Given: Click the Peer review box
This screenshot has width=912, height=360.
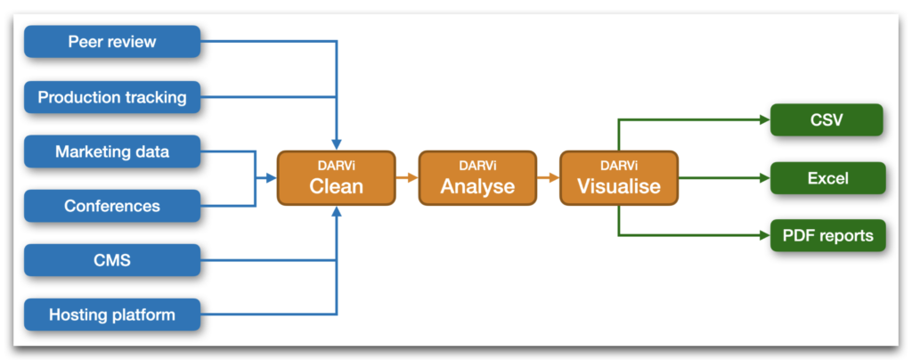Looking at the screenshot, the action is (112, 42).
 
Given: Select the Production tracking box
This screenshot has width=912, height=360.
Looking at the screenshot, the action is (112, 96).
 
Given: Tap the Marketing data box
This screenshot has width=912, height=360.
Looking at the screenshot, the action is (112, 151).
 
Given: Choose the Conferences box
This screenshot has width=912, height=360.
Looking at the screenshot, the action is (112, 205).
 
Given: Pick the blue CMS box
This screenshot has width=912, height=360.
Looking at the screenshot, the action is (112, 260).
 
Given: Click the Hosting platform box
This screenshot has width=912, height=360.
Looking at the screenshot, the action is (112, 315).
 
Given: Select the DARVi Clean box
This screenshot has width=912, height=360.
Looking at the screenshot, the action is (336, 178).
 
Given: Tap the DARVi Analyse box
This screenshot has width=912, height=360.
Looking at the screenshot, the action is (477, 178).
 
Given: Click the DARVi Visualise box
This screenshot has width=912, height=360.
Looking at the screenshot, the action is (619, 178).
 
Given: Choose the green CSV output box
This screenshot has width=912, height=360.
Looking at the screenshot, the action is (827, 119).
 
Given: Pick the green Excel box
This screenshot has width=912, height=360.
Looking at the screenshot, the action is (827, 178).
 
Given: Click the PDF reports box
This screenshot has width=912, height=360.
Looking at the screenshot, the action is (827, 235).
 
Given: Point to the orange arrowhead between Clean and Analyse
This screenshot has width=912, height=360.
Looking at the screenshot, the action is (413, 178).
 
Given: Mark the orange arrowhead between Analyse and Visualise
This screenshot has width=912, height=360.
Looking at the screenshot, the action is (554, 178).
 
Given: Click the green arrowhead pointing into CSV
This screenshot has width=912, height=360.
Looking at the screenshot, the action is (765, 119).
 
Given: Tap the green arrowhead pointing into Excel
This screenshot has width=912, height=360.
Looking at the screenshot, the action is (765, 178).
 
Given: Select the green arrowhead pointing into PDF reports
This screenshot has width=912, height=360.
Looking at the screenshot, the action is (765, 235).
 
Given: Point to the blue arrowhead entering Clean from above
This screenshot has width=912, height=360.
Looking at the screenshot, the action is (336, 145).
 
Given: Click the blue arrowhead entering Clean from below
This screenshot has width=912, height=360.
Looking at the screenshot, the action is (336, 211).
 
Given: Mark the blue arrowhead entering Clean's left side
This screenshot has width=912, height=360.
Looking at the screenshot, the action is (271, 178).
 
